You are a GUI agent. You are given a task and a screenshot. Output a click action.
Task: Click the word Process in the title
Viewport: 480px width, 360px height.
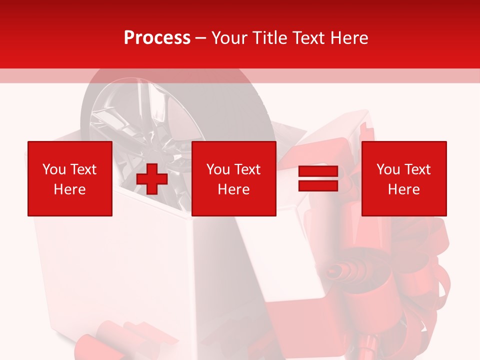[x=157, y=38]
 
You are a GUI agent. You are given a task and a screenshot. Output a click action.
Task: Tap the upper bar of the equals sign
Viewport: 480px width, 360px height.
[x=318, y=172]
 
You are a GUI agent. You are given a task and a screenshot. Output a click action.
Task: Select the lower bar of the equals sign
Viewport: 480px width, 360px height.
[x=318, y=185]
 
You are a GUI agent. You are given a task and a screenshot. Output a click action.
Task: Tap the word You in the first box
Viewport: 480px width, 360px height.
[x=54, y=169]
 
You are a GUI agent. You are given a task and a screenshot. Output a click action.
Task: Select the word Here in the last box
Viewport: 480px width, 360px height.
[x=403, y=189]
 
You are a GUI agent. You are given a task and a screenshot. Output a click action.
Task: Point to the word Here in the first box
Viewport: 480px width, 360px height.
[x=69, y=189]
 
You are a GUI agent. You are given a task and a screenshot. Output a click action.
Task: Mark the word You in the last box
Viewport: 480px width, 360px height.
[x=387, y=169]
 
